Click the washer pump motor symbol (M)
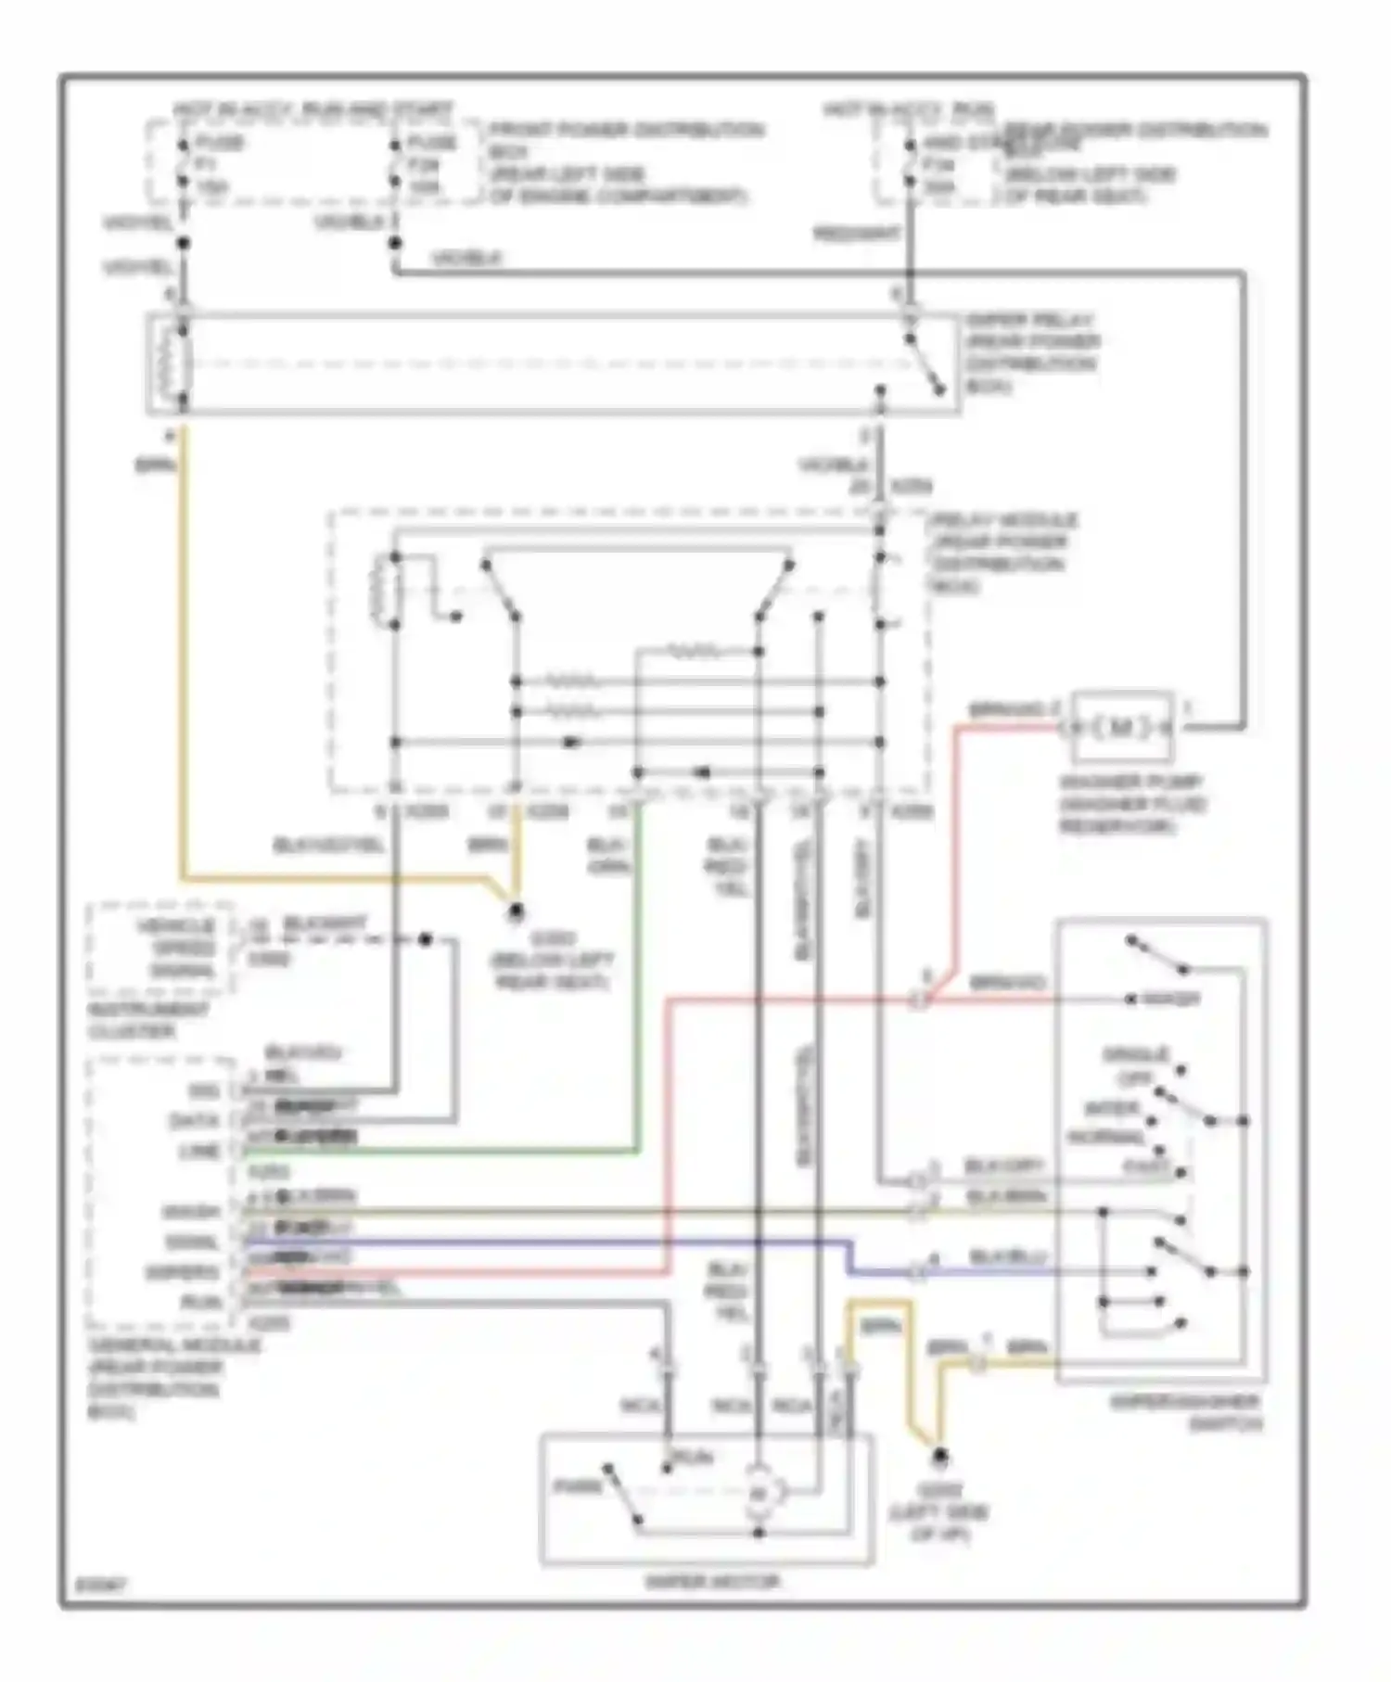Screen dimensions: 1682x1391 click(x=1121, y=728)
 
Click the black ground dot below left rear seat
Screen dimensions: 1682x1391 click(x=516, y=912)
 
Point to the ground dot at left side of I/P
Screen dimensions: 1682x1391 click(x=939, y=1458)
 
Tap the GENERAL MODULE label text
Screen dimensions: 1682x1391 click(x=174, y=1345)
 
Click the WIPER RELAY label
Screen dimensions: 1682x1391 click(x=1032, y=320)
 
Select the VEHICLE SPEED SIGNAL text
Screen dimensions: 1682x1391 click(x=176, y=948)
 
